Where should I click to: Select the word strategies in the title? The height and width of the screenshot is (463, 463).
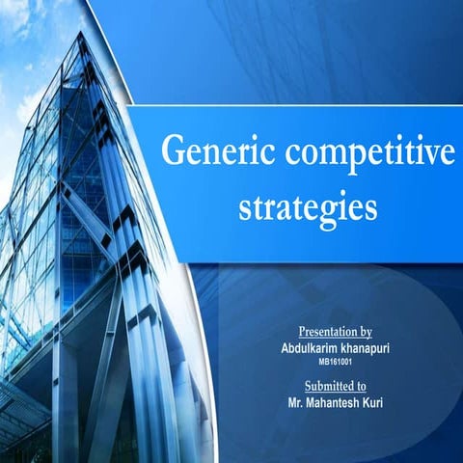[x=307, y=206]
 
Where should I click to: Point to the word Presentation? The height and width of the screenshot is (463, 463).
[x=328, y=329]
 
